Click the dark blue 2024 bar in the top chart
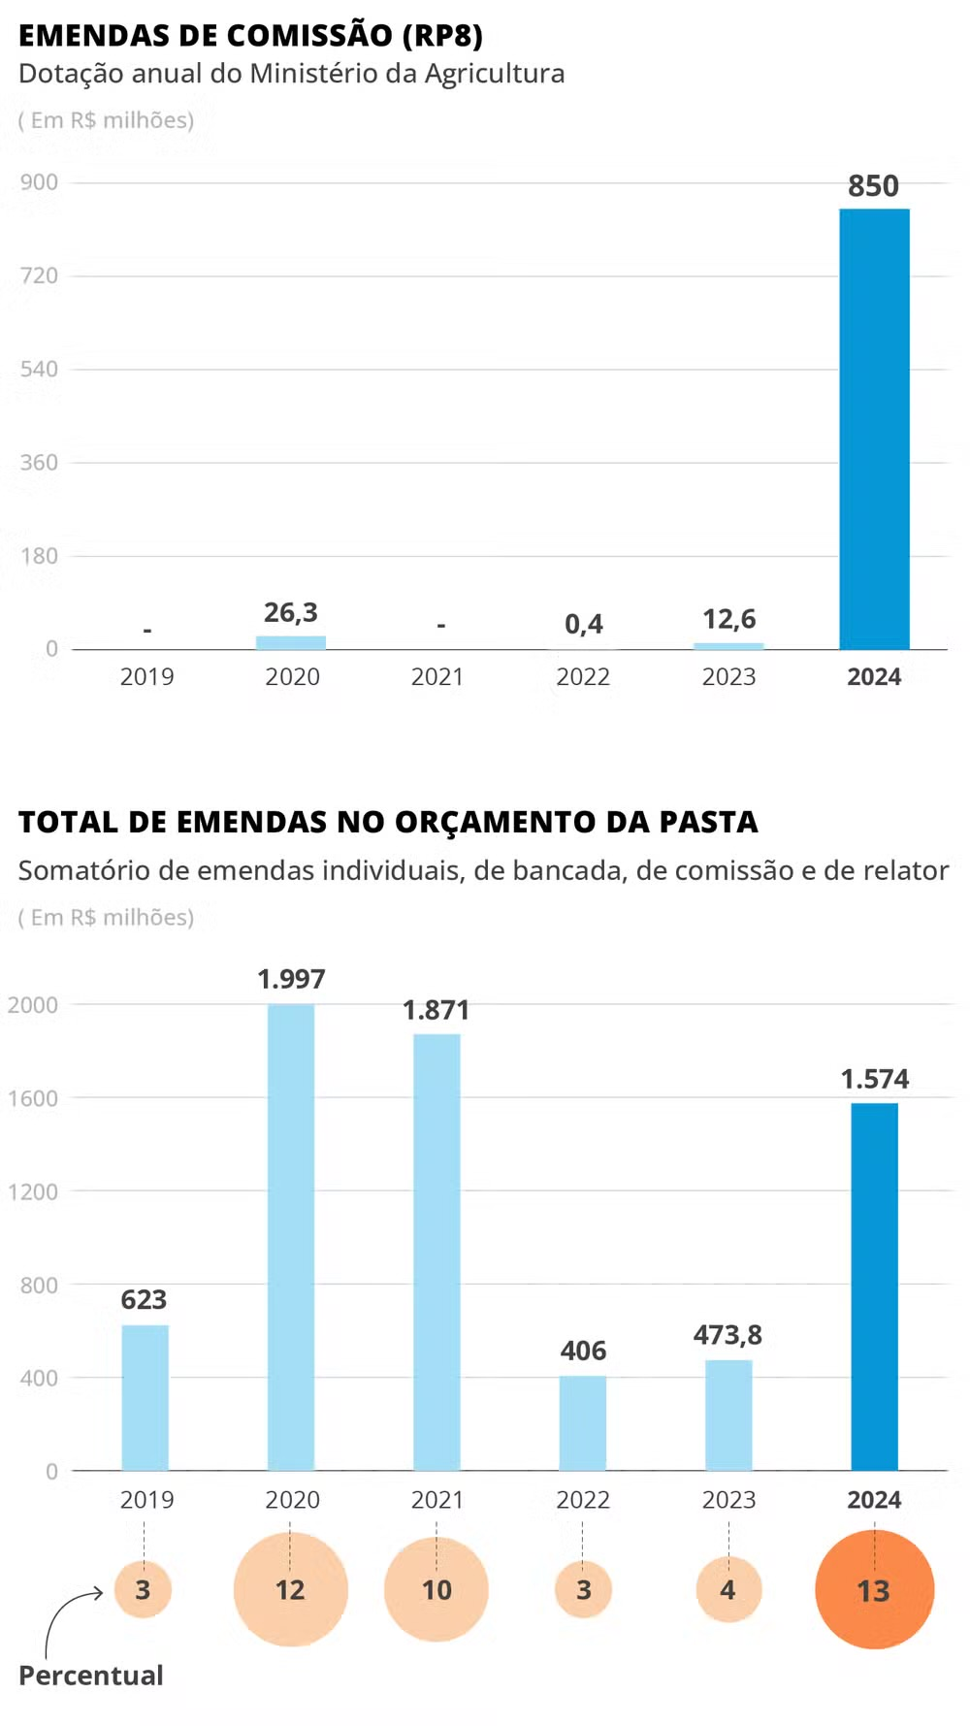coord(874,429)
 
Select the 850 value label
coord(873,185)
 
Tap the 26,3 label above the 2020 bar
coord(291,612)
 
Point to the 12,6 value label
coord(728,619)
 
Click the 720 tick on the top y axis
coord(39,276)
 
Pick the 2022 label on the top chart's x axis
coord(583,677)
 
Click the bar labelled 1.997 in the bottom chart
coord(291,1237)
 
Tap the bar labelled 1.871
coord(436,1252)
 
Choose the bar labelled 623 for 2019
coord(145,1397)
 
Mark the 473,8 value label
coord(727,1335)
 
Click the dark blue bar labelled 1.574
coord(874,1286)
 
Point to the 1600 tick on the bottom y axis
coord(33,1098)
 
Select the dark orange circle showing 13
coord(874,1590)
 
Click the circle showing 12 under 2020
coord(290,1590)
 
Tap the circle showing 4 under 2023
coord(727,1590)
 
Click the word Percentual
coord(91,1676)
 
